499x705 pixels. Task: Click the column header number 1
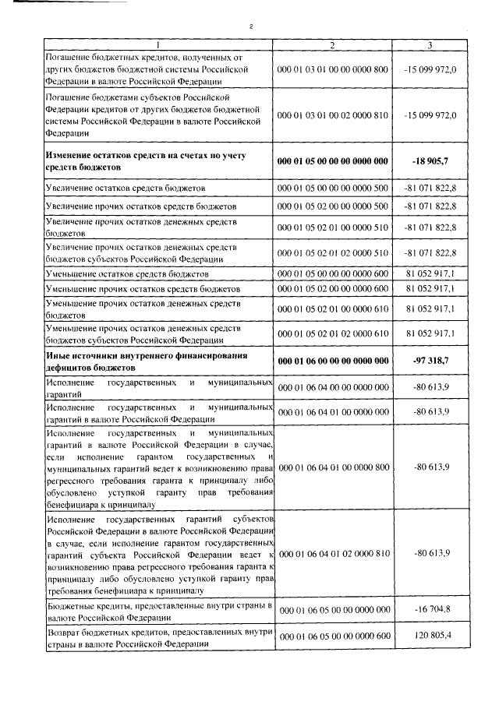(158, 45)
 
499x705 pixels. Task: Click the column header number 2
(333, 45)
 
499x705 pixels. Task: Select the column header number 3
(430, 45)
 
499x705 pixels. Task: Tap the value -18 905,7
(431, 162)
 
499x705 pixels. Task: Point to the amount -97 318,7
(431, 361)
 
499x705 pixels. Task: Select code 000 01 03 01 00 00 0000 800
(333, 69)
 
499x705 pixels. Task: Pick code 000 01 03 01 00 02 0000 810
(333, 115)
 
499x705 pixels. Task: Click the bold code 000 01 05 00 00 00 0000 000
(333, 162)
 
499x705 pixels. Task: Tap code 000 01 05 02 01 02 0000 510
(333, 253)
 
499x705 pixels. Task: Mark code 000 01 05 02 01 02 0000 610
(333, 333)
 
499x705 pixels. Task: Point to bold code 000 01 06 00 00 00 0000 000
(333, 361)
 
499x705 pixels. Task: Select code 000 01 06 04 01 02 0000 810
(333, 553)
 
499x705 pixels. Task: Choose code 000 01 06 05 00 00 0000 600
(333, 637)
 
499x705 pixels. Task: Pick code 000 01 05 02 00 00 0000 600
(333, 289)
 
